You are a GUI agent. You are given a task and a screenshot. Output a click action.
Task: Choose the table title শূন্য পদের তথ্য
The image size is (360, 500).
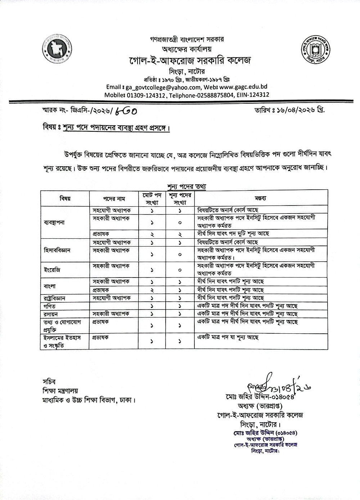[185, 186]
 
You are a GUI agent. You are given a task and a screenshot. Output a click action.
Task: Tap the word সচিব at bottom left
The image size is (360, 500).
[46, 382]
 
